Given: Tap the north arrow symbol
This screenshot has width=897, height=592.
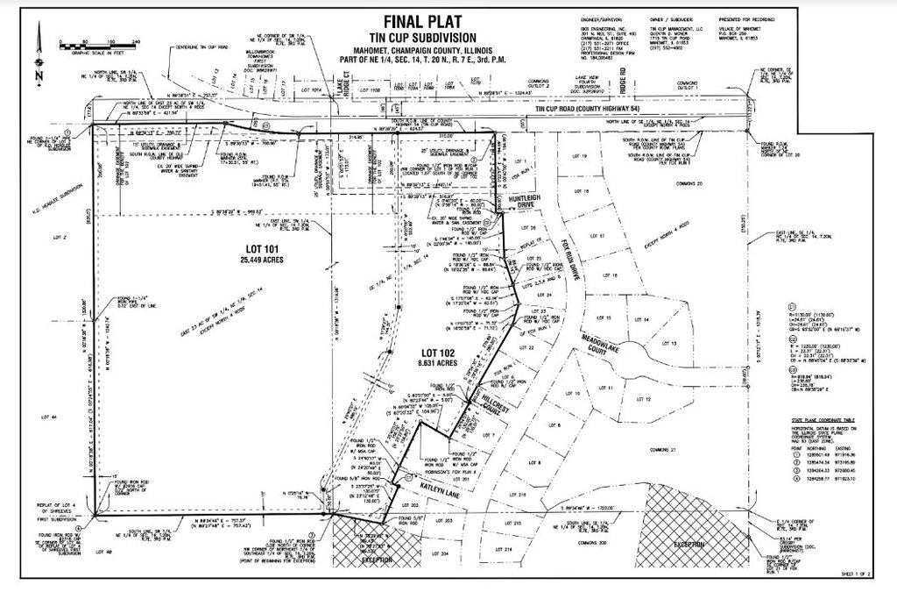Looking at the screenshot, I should pyautogui.click(x=38, y=53).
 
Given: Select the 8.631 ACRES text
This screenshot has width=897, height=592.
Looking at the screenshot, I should pyautogui.click(x=436, y=362).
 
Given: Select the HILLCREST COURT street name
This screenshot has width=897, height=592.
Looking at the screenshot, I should pyautogui.click(x=491, y=409).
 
